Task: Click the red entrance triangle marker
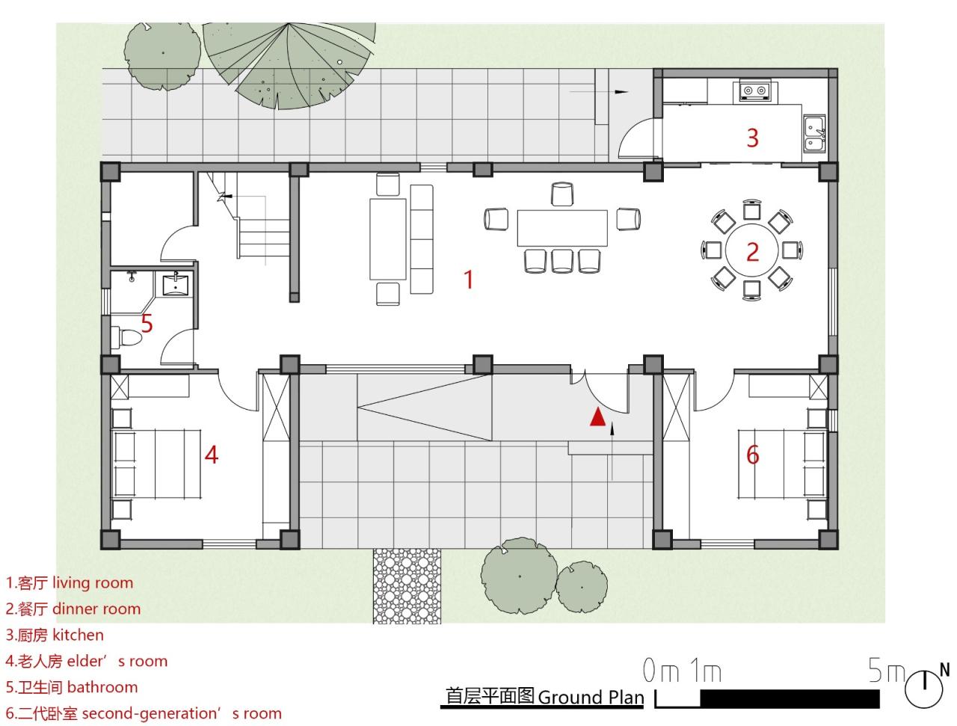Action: click(x=597, y=417)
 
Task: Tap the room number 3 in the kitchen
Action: click(x=752, y=138)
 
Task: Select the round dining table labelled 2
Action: click(x=751, y=251)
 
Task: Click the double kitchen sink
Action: click(x=814, y=132)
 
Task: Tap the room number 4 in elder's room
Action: click(x=212, y=455)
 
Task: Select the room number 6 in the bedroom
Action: click(x=752, y=454)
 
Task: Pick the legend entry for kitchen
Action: click(x=55, y=636)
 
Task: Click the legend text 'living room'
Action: click(x=93, y=583)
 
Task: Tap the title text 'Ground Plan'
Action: click(x=591, y=698)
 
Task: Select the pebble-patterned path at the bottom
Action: click(x=407, y=585)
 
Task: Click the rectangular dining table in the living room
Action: click(x=562, y=228)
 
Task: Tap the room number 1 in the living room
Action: click(x=468, y=279)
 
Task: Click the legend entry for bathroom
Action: click(x=72, y=687)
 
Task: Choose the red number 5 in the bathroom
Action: click(x=147, y=324)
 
